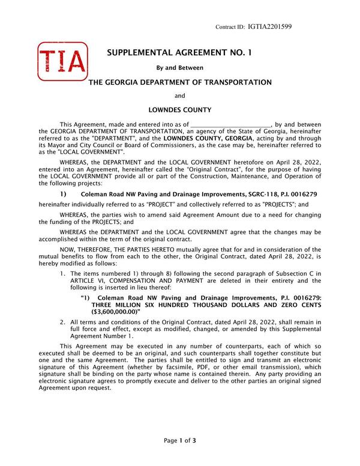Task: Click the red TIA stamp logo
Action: coord(62,61)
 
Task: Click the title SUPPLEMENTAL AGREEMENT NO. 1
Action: coord(180,53)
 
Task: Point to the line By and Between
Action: coord(180,68)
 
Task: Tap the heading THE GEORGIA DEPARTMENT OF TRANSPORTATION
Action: coord(180,82)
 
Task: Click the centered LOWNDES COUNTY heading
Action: coord(180,110)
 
